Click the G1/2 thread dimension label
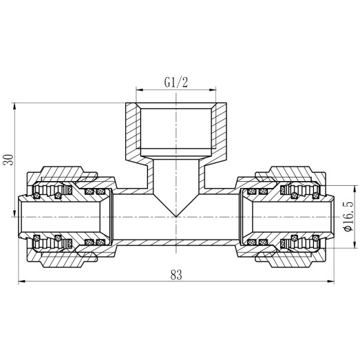pyautogui.click(x=176, y=82)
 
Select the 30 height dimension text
pyautogui.click(x=8, y=160)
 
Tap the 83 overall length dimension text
pyautogui.click(x=176, y=274)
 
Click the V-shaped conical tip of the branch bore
pyautogui.click(x=176, y=213)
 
